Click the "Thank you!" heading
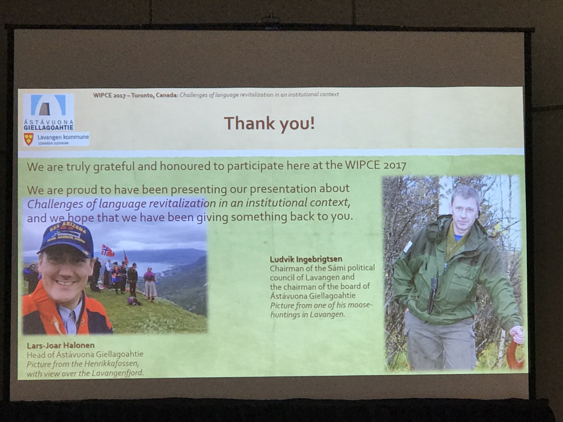click(x=269, y=124)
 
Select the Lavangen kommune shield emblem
click(x=29, y=139)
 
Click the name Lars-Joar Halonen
click(x=61, y=346)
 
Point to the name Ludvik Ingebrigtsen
click(x=306, y=259)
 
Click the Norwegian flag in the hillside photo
click(x=107, y=250)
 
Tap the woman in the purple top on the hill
click(x=150, y=284)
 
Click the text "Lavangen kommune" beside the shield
click(x=63, y=137)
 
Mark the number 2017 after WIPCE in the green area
click(x=395, y=166)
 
